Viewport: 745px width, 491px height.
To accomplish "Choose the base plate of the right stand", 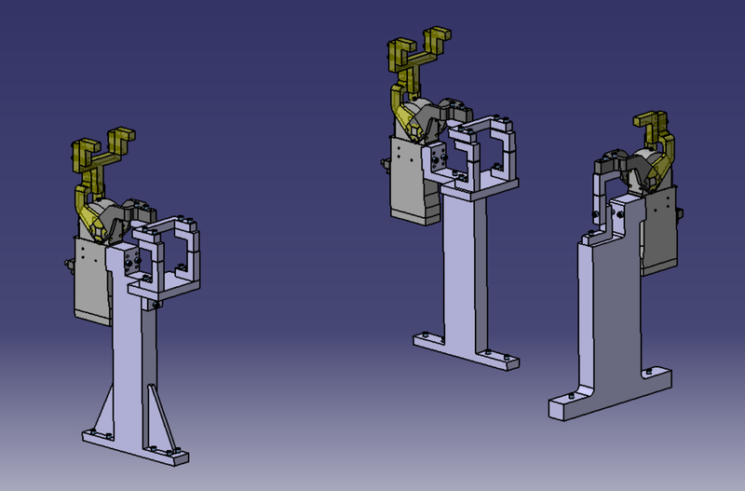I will pos(605,391).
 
